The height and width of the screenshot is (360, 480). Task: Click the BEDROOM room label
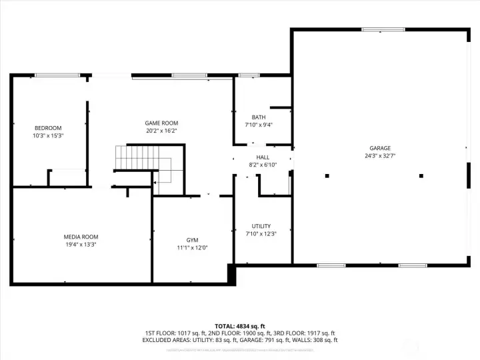tap(48, 128)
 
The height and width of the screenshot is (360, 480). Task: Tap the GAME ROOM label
tap(161, 123)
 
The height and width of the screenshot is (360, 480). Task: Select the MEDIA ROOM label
tap(81, 237)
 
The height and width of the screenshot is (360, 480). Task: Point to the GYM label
tap(192, 240)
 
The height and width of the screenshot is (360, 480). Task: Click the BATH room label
tap(259, 117)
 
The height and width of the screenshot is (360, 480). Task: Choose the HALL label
tap(263, 157)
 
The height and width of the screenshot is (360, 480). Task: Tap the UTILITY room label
tap(261, 226)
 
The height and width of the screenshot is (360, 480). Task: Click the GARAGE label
tap(380, 148)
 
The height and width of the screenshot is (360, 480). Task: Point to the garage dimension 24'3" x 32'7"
tap(380, 155)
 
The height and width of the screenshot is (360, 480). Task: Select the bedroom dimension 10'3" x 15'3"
tap(48, 135)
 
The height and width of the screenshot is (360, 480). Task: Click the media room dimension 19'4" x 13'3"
tap(81, 244)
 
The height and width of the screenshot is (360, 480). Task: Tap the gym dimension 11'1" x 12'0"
tap(192, 247)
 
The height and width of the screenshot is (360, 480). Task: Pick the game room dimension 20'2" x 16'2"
tap(161, 131)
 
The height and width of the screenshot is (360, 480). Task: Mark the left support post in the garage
tap(327, 176)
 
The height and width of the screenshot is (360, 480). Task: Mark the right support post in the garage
tap(421, 176)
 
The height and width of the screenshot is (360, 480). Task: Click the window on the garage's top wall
tap(383, 29)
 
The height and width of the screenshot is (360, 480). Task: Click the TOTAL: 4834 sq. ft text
tap(239, 326)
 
